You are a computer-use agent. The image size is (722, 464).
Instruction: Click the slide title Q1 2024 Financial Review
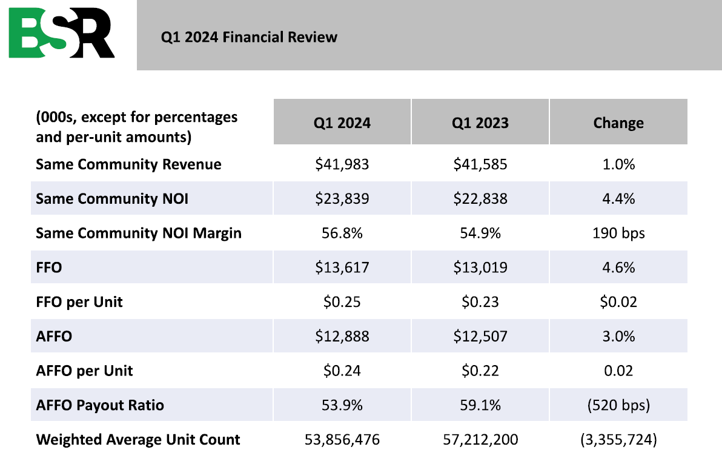tap(249, 38)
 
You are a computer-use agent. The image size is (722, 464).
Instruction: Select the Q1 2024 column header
tap(342, 123)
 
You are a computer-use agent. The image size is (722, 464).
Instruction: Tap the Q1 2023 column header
tap(480, 123)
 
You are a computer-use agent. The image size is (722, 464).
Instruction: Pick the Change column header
tap(618, 123)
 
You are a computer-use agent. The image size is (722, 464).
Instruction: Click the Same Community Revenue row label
tap(128, 164)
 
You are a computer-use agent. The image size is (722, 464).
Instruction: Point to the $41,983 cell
tap(342, 164)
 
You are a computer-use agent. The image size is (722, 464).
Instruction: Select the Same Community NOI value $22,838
tap(480, 198)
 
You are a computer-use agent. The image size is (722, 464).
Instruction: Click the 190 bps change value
tap(618, 233)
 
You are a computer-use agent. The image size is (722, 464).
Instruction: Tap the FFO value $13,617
tap(342, 267)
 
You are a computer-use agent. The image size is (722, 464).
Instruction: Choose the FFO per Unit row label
tap(79, 301)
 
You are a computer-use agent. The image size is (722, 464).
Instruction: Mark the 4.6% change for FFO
tap(618, 267)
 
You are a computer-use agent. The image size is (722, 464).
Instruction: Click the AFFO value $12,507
tap(480, 335)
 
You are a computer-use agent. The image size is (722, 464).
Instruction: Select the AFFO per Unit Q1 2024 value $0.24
tap(342, 370)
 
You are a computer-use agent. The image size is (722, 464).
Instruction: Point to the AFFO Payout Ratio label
tap(100, 405)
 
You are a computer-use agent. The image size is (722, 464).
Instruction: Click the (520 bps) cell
tap(618, 405)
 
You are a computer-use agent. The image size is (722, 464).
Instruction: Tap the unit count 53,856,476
tap(342, 439)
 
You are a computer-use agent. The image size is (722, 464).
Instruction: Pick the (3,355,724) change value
tap(618, 439)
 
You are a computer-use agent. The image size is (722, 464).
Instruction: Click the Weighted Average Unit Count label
tap(138, 439)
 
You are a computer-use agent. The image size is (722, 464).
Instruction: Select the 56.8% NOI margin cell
tap(342, 233)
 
